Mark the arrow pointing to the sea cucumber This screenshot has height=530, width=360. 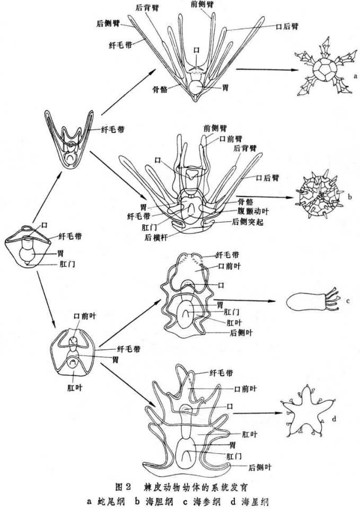[254, 302]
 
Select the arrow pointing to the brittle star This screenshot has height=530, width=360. [262, 69]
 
